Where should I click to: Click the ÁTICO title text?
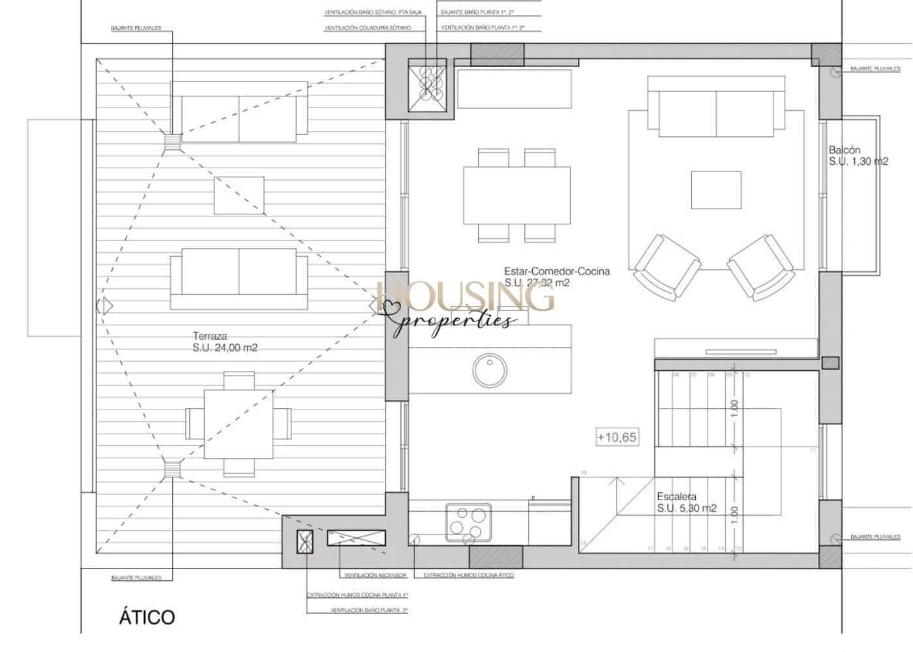[x=147, y=617]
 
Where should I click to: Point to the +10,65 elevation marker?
[x=617, y=437]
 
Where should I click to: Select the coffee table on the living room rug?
[x=715, y=190]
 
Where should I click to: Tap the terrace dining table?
[x=239, y=424]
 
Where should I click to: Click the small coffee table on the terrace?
[x=239, y=196]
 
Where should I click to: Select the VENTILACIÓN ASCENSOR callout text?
[x=376, y=576]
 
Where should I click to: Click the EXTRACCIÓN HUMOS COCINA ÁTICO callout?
[x=468, y=576]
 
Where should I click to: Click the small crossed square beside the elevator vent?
[x=305, y=542]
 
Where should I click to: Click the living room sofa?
[x=715, y=106]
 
